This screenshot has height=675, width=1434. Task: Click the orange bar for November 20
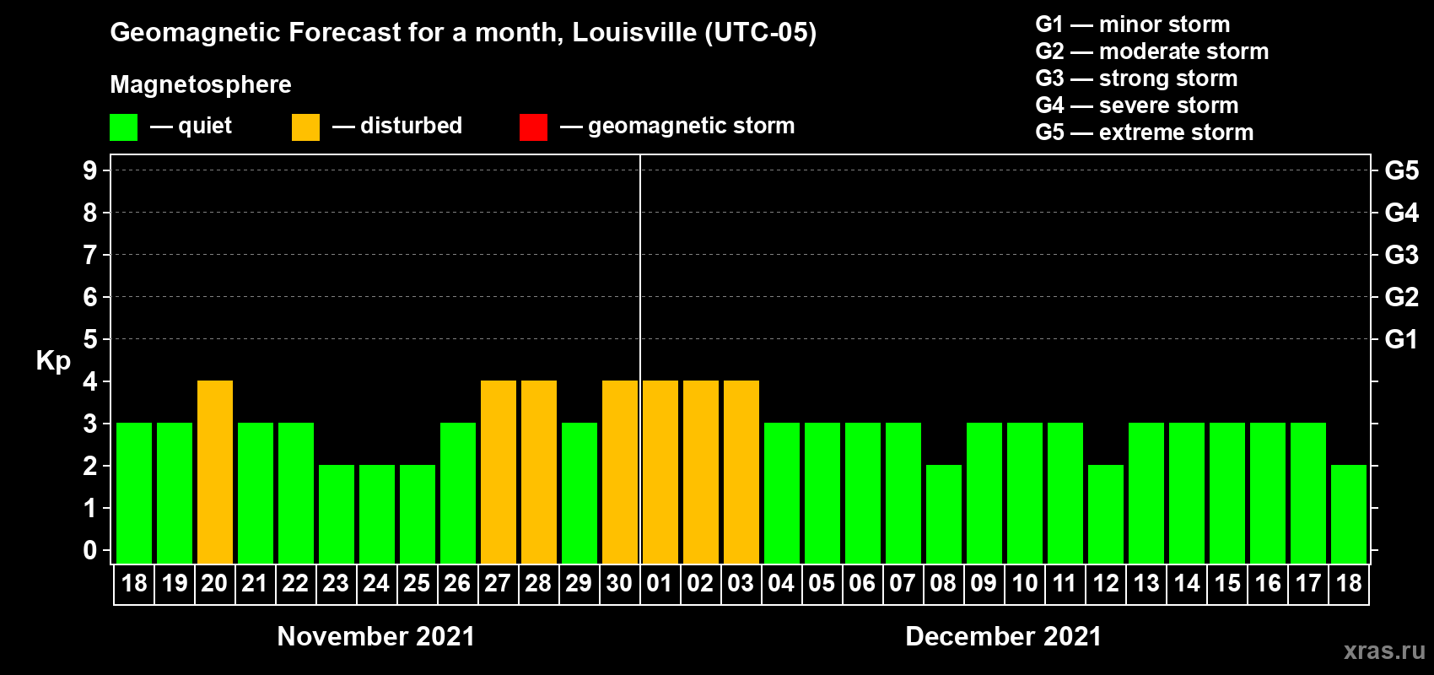click(215, 472)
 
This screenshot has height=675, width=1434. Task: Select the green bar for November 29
click(580, 493)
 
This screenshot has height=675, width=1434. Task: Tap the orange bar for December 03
click(741, 472)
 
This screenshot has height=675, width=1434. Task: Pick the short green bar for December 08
click(944, 514)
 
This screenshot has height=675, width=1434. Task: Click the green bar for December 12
click(1106, 514)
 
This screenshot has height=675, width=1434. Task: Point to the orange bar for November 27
click(499, 472)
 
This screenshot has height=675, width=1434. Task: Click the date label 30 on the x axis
click(619, 584)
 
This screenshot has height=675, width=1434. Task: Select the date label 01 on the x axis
click(660, 584)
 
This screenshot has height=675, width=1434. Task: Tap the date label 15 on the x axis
click(1227, 584)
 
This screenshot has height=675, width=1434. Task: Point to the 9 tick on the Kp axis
click(90, 170)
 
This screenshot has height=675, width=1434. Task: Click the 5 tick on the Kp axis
click(90, 339)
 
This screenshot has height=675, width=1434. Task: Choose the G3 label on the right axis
click(1401, 255)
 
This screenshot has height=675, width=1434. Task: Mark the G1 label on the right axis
click(1401, 339)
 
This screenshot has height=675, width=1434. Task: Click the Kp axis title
click(53, 360)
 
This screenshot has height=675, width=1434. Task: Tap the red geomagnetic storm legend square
click(533, 127)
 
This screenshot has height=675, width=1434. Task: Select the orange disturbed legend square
click(305, 127)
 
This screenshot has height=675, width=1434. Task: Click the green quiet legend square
click(123, 127)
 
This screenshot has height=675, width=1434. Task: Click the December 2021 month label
click(1003, 636)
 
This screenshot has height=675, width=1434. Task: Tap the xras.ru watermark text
click(1384, 651)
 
